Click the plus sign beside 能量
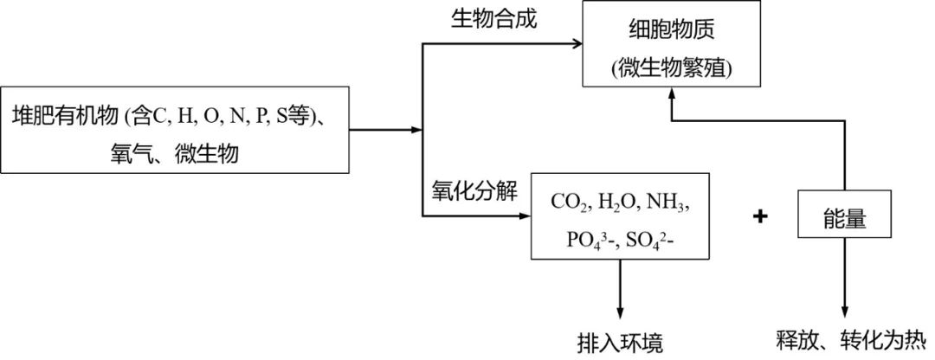point(761,217)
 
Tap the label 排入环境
point(620,343)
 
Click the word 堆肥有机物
point(66,115)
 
